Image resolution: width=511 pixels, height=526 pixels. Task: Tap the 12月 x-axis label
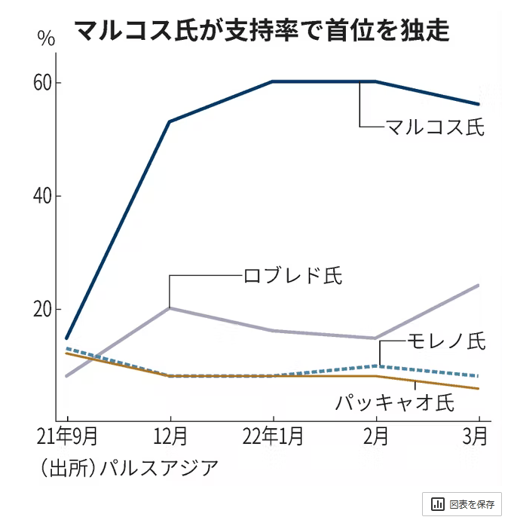(170, 436)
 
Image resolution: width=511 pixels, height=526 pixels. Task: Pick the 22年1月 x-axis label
(273, 436)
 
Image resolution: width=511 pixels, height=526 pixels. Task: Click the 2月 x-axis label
(376, 436)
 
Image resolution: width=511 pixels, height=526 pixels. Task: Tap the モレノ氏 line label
(445, 341)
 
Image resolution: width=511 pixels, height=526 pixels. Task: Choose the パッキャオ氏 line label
(395, 402)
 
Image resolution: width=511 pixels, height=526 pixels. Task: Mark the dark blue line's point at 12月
(170, 121)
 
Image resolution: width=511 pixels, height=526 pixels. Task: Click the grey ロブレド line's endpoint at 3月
(478, 286)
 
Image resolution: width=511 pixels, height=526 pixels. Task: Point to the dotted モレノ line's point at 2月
(376, 366)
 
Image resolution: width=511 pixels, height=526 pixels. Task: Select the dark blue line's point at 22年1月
(273, 81)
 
